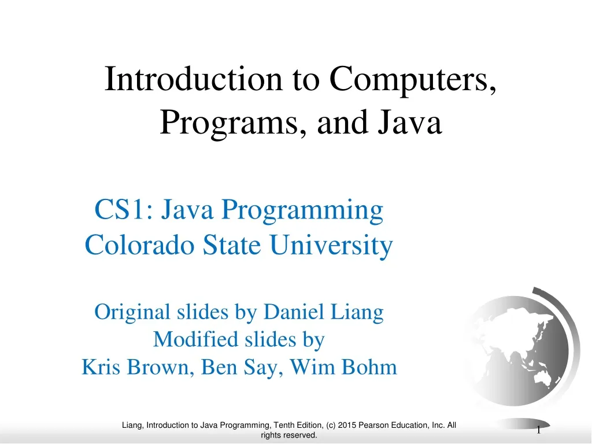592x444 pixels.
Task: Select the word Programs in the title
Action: pyautogui.click(x=226, y=122)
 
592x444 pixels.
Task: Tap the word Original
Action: pyautogui.click(x=132, y=312)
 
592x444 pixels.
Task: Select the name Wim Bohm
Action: pyautogui.click(x=343, y=367)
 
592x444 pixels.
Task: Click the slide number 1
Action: pyautogui.click(x=538, y=430)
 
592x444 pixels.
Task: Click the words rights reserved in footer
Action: pyautogui.click(x=289, y=435)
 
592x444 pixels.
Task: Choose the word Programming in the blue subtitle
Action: pyautogui.click(x=302, y=210)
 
